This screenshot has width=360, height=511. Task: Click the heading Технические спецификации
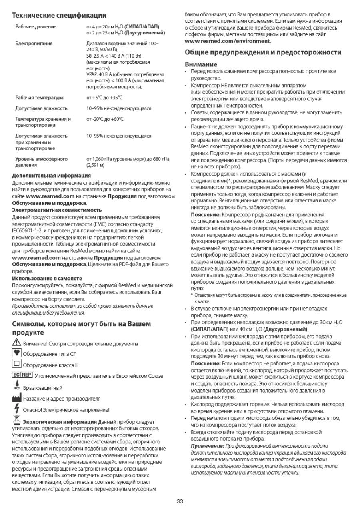pos(59,15)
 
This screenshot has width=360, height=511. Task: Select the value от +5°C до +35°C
pos(104,98)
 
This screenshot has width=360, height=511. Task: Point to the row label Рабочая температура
pos(40,98)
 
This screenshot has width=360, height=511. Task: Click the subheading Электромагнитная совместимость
pos(57,210)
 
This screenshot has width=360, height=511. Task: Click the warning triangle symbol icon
pos(16,343)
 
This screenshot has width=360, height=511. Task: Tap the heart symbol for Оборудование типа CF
pos(16,353)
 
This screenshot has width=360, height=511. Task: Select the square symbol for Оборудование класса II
pos(16,364)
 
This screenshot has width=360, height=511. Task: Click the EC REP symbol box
pos(22,375)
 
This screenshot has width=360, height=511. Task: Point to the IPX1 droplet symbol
pos(17,386)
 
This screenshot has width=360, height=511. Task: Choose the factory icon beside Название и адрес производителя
pos(17,398)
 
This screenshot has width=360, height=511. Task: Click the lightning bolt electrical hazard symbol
pos(16,409)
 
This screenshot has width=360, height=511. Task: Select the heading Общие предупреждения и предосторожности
pos(263,52)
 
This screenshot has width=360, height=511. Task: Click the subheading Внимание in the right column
pos(201,64)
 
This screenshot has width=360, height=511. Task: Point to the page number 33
pos(180,501)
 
